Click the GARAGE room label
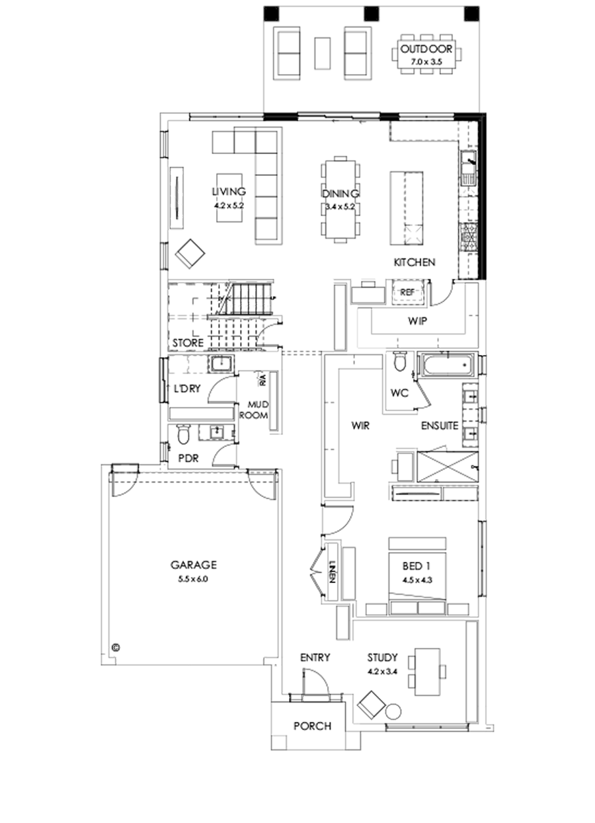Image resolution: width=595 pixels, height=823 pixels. pos(194,565)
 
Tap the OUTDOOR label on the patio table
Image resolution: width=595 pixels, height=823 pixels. pos(426,50)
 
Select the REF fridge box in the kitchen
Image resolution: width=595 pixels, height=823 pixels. pos(407,292)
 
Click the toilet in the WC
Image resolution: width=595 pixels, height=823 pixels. pos(399,363)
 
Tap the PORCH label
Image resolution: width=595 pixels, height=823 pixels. pos(312,726)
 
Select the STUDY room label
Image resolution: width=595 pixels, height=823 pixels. pos(382,658)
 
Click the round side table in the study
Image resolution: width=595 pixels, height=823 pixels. pos(393,713)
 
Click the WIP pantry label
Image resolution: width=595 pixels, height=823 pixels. pos(416,321)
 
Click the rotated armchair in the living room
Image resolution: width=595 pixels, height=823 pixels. pos(190,253)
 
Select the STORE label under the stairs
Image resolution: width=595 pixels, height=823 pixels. pos(188,344)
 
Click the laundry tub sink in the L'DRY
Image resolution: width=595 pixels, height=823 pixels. pos(219,364)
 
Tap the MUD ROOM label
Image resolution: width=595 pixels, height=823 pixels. pos(257,410)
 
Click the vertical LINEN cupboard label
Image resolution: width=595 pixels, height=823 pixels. pos(332,569)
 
